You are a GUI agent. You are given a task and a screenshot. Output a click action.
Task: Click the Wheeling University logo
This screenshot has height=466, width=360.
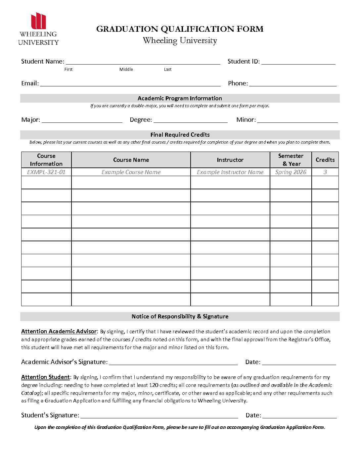tap(38, 29)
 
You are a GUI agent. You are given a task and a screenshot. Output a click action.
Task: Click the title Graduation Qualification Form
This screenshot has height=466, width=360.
tap(180, 29)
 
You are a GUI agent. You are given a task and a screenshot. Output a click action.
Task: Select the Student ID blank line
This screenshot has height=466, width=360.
tap(298, 62)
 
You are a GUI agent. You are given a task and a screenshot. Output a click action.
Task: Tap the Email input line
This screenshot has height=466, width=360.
tap(130, 83)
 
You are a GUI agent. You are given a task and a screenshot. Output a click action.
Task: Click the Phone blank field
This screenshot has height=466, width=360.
tap(292, 83)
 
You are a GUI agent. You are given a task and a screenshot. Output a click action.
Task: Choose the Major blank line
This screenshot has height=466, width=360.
tap(82, 120)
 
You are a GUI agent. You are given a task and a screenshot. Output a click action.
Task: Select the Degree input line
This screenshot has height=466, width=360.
tap(190, 120)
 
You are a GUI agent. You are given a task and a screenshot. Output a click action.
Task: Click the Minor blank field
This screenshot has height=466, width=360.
tap(297, 120)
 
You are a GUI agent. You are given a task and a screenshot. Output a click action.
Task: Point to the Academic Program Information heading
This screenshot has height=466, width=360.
tap(180, 98)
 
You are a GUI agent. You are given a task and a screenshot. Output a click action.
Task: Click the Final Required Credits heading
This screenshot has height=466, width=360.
tap(180, 135)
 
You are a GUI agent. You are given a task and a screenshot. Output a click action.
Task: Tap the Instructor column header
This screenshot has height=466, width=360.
tap(230, 160)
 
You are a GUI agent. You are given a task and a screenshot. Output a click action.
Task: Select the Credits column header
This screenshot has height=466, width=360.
tap(325, 160)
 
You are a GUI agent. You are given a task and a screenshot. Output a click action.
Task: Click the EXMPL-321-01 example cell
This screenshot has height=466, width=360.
tap(46, 172)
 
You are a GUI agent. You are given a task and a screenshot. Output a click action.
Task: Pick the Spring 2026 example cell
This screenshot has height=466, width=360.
tap(291, 172)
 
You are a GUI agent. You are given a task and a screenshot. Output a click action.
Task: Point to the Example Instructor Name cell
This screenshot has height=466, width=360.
tap(230, 172)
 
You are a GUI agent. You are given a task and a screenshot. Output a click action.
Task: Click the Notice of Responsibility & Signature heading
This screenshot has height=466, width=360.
tap(180, 316)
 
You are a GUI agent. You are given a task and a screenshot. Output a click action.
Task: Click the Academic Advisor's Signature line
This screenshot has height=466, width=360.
tap(173, 362)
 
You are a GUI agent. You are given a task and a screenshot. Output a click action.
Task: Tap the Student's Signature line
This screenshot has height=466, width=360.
tap(159, 415)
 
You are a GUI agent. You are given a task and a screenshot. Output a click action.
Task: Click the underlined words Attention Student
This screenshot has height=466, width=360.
tap(46, 377)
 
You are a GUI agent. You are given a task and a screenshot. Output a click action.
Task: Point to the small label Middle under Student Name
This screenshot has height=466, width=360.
tap(126, 70)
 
